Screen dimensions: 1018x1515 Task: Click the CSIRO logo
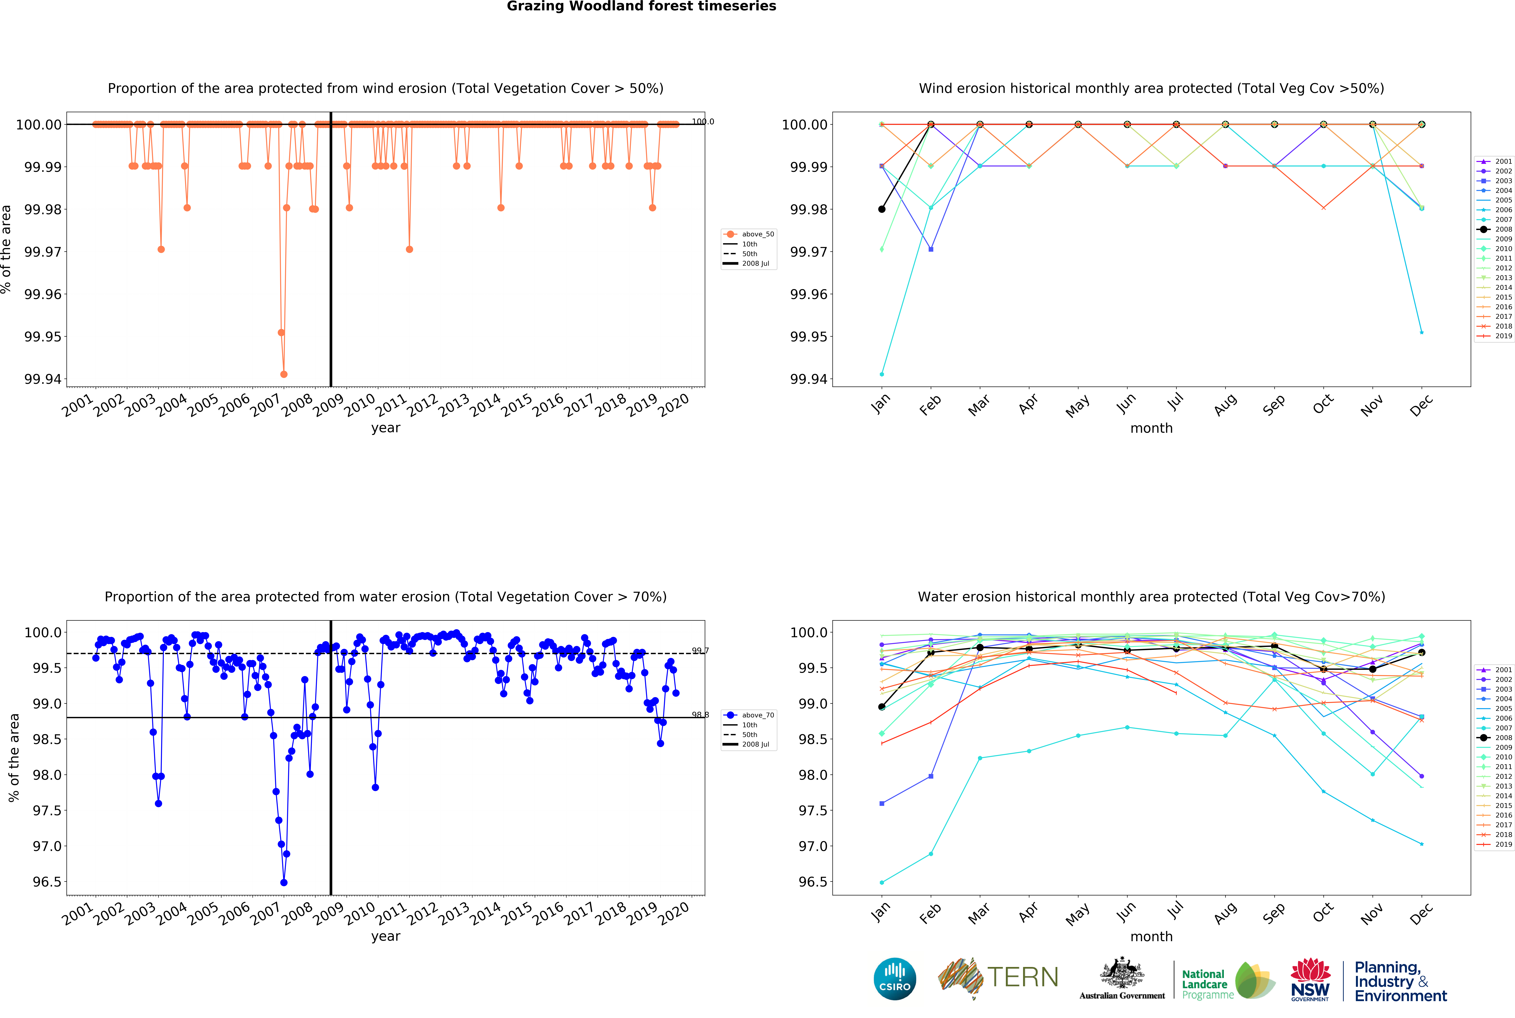[x=894, y=978]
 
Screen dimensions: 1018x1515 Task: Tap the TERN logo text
[x=1022, y=977]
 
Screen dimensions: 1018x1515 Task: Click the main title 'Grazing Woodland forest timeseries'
[x=641, y=7]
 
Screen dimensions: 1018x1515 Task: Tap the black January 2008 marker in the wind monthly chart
[x=881, y=209]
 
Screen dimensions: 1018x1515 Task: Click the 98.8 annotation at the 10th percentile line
[x=700, y=715]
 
